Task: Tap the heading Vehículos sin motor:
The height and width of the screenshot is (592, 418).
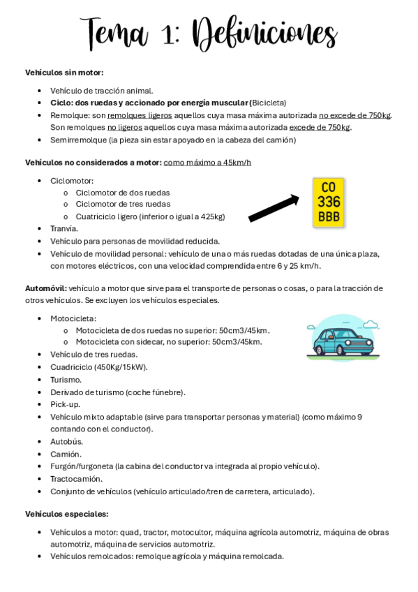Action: pos(64,73)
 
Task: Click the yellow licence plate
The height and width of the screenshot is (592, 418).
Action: pos(329,202)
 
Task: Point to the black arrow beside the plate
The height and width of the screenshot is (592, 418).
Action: pos(274,208)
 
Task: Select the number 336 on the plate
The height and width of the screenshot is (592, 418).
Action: pos(329,202)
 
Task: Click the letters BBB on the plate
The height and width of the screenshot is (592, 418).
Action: pos(329,216)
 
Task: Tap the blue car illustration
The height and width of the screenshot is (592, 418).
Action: pos(342,339)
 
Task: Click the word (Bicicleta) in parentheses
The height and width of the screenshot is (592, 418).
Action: pos(268,103)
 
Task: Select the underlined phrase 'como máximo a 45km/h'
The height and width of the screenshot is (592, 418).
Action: pos(207,163)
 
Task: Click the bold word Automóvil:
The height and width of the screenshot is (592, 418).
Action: pos(46,288)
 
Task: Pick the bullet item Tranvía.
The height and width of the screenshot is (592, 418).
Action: pos(64,229)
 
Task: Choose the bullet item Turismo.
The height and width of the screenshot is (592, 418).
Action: pos(66,380)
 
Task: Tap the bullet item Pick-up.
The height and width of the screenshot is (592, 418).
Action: pos(65,404)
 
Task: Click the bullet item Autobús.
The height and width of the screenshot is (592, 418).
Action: pos(66,442)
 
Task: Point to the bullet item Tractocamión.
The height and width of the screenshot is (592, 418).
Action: pos(76,479)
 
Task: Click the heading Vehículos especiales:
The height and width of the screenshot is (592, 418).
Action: pos(67,515)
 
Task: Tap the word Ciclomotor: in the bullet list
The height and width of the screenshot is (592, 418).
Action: pos(72,181)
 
